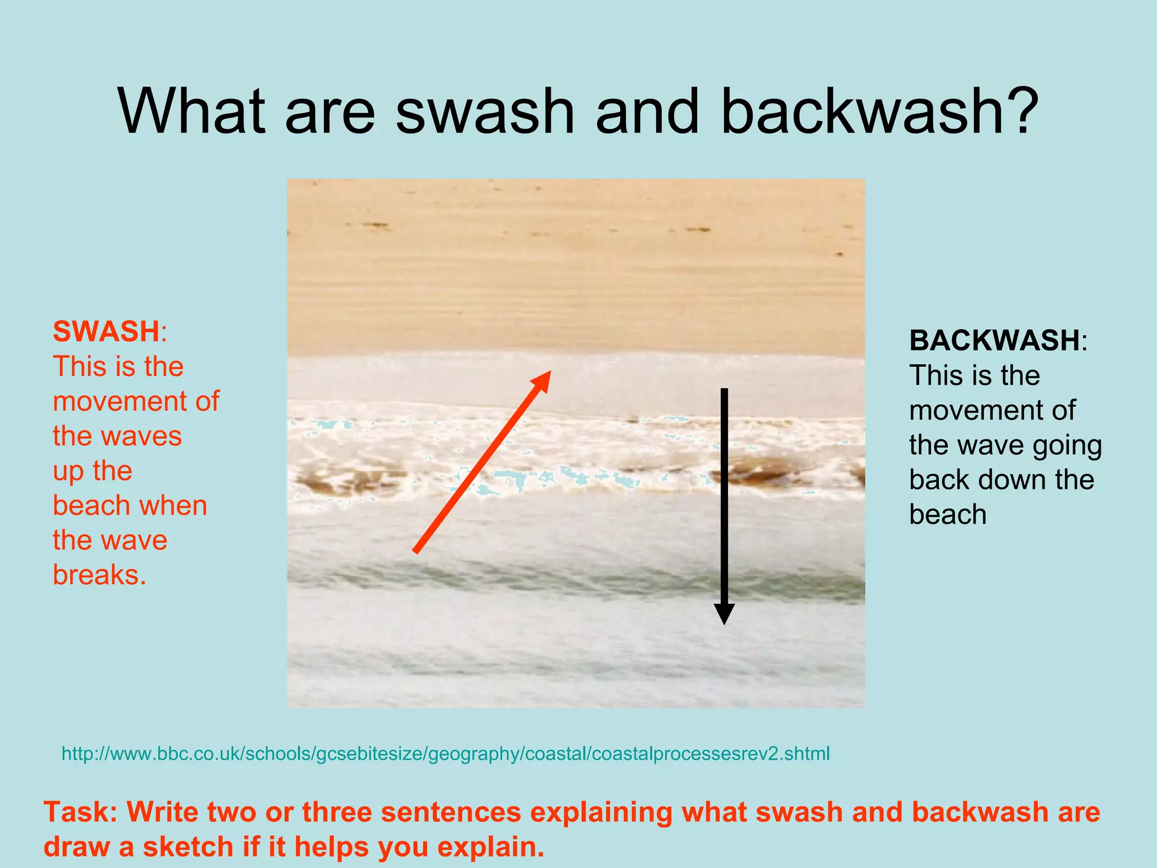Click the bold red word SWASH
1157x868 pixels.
[106, 332]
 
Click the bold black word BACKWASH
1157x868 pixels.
[994, 341]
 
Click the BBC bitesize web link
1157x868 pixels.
[445, 753]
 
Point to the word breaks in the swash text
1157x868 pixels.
[99, 575]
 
